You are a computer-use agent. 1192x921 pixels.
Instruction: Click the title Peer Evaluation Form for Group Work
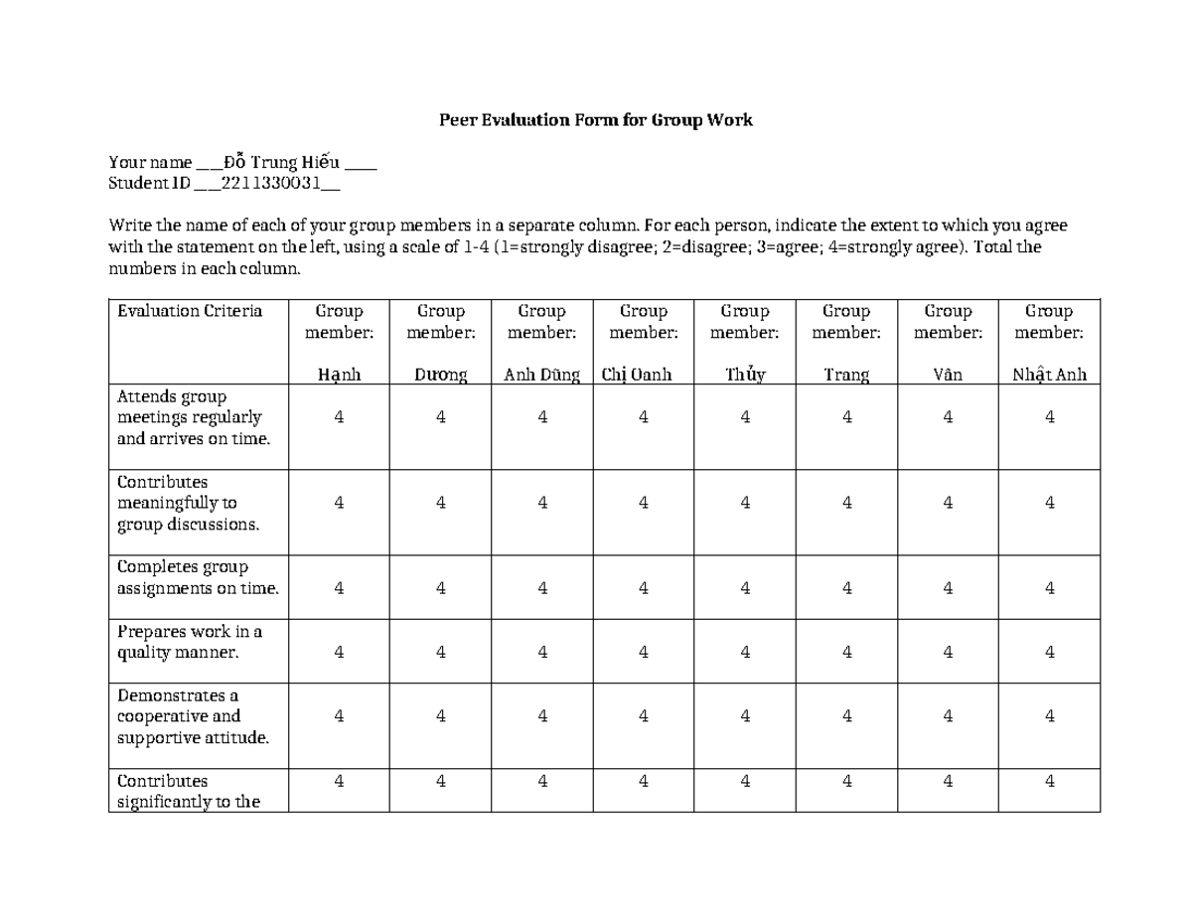pos(596,120)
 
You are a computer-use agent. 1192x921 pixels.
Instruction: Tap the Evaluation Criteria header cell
pos(190,311)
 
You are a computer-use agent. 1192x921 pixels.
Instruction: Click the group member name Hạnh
pos(339,375)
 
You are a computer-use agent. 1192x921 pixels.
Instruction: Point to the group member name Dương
pos(440,375)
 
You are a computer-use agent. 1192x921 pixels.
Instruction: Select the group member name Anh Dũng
pos(541,375)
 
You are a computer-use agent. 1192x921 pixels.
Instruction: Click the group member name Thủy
pos(745,375)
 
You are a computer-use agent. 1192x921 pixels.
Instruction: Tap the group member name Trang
pos(846,375)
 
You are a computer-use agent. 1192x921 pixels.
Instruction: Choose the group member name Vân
pos(948,375)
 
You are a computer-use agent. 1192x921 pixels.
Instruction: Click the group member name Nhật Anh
pos(1049,375)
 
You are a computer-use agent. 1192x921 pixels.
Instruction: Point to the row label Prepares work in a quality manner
pos(189,642)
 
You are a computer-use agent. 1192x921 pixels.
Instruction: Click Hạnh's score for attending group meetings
pos(339,418)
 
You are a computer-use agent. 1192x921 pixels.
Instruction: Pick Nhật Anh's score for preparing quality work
pos(1049,653)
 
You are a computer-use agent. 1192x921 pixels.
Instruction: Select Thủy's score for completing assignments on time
pos(745,588)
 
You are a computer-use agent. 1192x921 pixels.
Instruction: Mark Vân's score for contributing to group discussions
pos(948,504)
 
